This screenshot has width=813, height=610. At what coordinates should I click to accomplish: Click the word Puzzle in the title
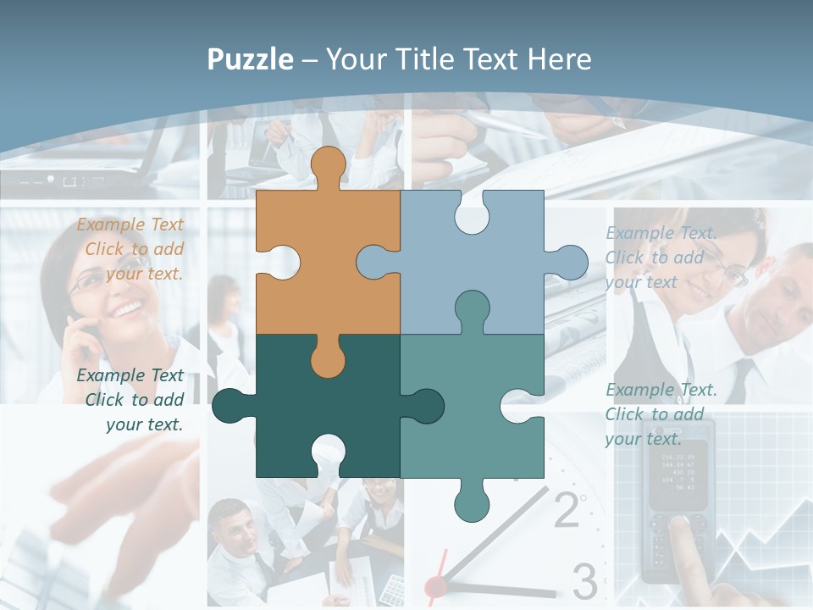[250, 59]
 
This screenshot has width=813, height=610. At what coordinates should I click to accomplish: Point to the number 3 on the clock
[584, 581]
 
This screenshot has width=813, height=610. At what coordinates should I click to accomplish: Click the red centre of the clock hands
[436, 585]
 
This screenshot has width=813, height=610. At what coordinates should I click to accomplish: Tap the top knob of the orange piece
[328, 165]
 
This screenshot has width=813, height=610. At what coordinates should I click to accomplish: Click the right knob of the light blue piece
[569, 263]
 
